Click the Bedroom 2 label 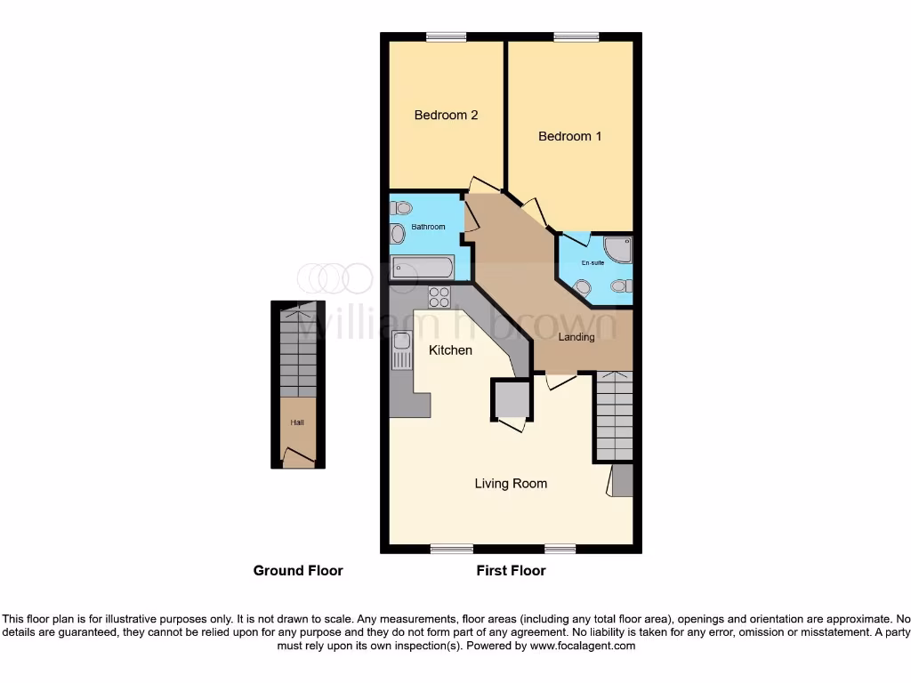click(x=446, y=115)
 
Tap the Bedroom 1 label click(x=569, y=136)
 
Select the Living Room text click(x=511, y=483)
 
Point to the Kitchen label click(x=450, y=350)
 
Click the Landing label click(x=576, y=337)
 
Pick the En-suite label click(x=593, y=263)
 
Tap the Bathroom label click(x=427, y=227)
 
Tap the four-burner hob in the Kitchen click(x=439, y=297)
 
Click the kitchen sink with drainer click(x=401, y=350)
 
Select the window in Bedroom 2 click(x=446, y=36)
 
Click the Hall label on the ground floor click(x=296, y=423)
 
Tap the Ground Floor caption click(x=298, y=570)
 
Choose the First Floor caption click(x=511, y=570)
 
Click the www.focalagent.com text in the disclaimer click(x=583, y=646)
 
